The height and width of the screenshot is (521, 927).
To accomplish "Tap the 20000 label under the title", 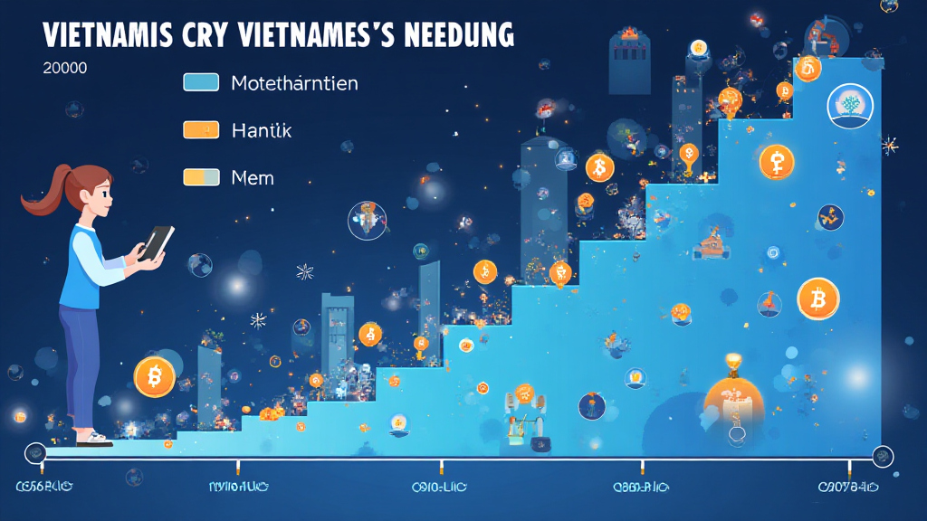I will [64, 69].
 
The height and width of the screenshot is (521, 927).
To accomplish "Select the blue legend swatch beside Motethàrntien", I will [201, 82].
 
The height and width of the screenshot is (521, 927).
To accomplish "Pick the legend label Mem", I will [253, 177].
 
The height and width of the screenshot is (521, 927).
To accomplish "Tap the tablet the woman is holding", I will [158, 242].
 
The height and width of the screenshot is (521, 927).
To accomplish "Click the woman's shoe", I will [93, 438].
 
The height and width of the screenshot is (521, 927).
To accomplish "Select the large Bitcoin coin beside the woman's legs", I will [154, 375].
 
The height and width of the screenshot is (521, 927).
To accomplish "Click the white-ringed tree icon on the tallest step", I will [849, 106].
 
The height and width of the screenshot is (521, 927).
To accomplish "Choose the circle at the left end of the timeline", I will [35, 452].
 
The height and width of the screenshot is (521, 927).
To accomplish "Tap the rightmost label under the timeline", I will [848, 488].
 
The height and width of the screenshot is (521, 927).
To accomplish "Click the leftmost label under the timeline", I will [43, 488].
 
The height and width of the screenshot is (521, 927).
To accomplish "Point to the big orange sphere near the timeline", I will [734, 403].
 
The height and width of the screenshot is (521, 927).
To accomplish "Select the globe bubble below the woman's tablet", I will [200, 264].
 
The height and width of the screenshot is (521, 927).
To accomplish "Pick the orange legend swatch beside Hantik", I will [201, 129].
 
